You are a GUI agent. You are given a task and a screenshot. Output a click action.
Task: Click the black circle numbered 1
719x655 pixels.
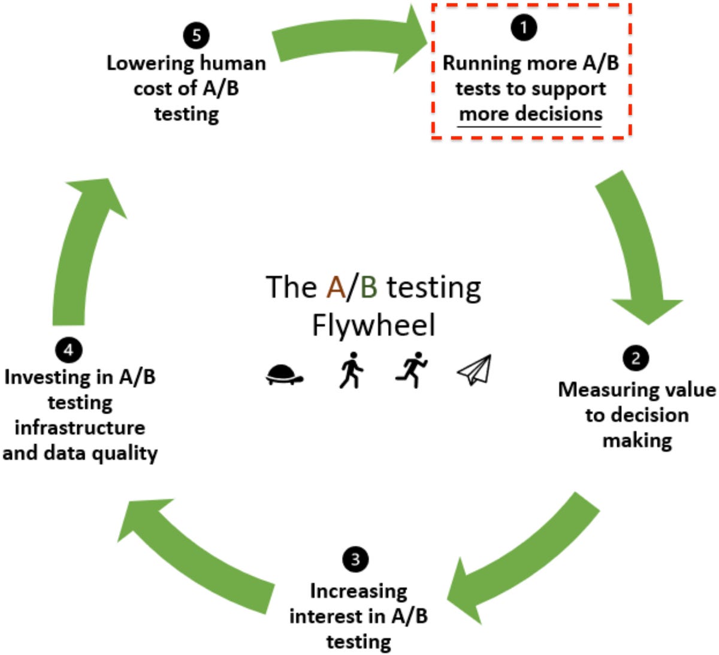click(x=524, y=27)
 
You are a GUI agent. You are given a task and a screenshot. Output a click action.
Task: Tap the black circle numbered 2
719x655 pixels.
click(x=636, y=358)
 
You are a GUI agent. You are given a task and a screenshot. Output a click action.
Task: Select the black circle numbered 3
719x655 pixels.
click(x=355, y=559)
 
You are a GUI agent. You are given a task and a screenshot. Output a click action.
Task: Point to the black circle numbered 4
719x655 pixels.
click(x=68, y=349)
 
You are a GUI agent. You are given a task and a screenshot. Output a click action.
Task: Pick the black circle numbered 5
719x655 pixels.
click(x=197, y=35)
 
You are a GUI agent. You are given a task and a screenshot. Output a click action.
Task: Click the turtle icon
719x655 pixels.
click(x=284, y=375)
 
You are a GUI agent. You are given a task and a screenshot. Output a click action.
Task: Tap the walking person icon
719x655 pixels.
click(x=351, y=370)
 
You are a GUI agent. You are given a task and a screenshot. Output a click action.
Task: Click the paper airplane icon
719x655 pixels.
click(x=475, y=370)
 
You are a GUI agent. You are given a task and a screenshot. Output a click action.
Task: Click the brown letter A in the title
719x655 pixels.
click(x=336, y=287)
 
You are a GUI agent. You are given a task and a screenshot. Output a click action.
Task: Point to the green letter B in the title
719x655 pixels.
click(x=368, y=287)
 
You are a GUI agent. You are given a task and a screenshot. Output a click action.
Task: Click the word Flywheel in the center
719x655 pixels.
click(x=373, y=325)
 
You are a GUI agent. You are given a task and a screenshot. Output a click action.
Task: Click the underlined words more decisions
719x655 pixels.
click(x=530, y=114)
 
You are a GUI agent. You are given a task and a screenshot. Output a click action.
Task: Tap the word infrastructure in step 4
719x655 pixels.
click(x=80, y=427)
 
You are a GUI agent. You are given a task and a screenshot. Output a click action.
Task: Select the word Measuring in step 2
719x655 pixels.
click(x=600, y=390)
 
